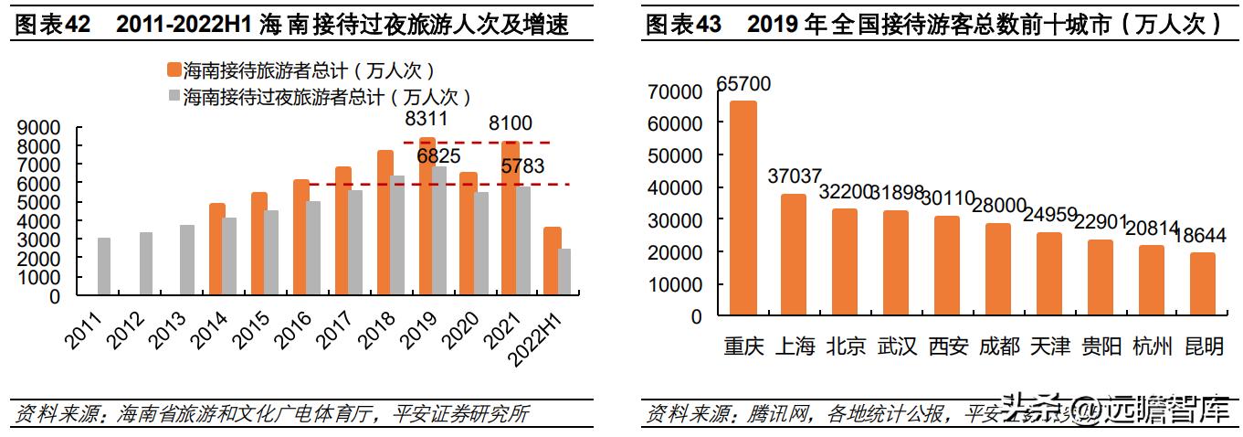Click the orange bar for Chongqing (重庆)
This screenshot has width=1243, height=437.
743,208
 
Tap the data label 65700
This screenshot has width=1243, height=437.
743,84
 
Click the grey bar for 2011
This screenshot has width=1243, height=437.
104,266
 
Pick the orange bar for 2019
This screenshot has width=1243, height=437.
427,217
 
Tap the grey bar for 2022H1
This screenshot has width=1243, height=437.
564,272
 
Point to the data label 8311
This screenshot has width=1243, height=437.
427,120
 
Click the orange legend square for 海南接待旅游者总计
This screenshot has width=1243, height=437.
174,70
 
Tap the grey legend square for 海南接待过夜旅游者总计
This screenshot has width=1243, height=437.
174,96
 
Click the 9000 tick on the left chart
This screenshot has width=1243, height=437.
42,128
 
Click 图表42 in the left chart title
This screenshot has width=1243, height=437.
51,25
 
